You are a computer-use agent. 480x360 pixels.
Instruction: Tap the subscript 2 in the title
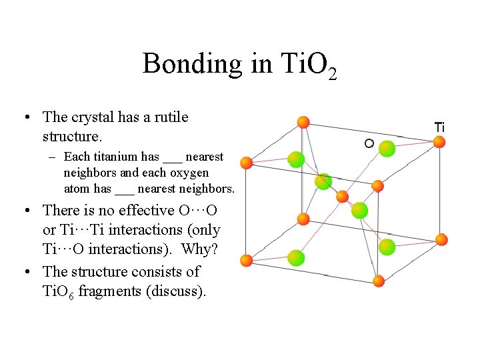point(332,73)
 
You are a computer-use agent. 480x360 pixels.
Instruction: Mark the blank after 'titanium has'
point(172,159)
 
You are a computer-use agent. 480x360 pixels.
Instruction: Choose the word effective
point(142,211)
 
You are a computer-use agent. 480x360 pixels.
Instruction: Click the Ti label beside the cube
point(439,127)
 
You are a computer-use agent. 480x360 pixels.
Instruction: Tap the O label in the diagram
point(369,143)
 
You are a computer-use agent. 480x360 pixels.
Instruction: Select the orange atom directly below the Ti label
point(439,141)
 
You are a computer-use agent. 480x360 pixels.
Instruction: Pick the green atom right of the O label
point(387,148)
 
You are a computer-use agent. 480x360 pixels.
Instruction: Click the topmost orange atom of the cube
point(303,122)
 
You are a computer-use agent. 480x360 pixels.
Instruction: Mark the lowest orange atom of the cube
point(379,281)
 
